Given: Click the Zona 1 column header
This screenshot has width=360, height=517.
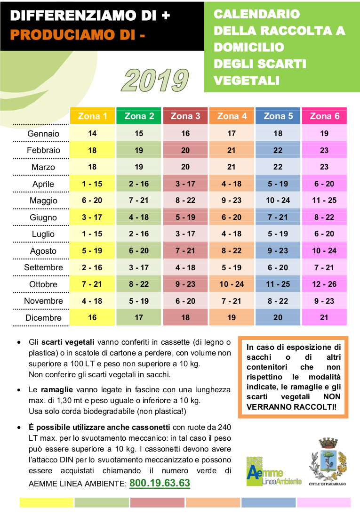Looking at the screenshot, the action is tap(92, 116).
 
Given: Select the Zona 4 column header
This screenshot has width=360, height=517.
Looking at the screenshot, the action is tap(232, 116).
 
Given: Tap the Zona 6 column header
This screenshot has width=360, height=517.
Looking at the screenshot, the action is tap(324, 116).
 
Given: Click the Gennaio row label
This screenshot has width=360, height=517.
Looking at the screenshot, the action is tap(43, 134).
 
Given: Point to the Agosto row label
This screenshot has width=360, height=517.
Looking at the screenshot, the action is tap(43, 251).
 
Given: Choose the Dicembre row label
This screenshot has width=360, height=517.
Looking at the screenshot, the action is tap(43, 317).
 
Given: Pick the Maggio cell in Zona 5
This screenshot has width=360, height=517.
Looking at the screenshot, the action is tap(278, 200).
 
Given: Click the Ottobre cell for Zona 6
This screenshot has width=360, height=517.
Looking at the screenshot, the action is tap(324, 284).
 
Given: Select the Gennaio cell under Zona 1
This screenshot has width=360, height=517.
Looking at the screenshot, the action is tap(92, 133).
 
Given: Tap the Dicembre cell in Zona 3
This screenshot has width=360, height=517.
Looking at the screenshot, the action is tap(185, 317).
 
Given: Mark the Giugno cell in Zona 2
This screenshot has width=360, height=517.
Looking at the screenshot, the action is tap(139, 217).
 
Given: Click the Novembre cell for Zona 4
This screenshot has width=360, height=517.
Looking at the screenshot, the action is tap(232, 301).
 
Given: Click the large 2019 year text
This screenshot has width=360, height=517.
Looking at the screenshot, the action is tap(155, 80).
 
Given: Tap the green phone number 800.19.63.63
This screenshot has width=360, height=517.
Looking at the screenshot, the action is tap(160, 483).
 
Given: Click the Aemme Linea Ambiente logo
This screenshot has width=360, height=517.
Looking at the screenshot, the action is tap(273, 471).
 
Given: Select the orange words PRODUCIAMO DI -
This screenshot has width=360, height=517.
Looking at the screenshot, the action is tap(78, 35).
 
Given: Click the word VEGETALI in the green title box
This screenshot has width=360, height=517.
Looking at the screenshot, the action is tap(247, 80).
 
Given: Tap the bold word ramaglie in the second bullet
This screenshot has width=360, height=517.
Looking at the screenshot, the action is tap(56, 390).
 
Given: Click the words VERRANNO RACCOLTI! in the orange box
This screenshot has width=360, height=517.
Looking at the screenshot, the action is tap(291, 406).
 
